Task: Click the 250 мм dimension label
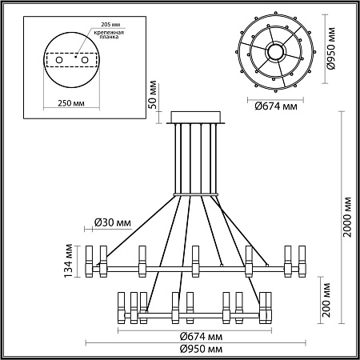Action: pos(71,103)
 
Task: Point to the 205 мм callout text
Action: pos(110,25)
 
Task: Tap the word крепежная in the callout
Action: pos(109,33)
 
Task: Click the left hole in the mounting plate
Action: pos(59,60)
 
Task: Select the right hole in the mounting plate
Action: pos(85,60)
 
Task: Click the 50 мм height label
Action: pos(153,94)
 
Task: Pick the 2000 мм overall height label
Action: pos(347,217)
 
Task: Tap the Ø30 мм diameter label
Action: pos(113,222)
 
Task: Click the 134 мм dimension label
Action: pos(69,261)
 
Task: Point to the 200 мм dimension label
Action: pos(326,300)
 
